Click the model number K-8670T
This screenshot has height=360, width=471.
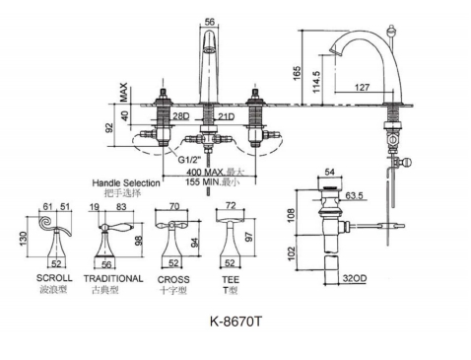[x=236, y=321]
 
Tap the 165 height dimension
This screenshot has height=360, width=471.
[x=297, y=73]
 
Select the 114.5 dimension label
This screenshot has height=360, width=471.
[x=316, y=82]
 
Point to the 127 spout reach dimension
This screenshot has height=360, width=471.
[x=362, y=87]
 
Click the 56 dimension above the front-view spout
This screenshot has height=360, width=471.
[x=209, y=22]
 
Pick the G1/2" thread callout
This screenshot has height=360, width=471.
[x=189, y=160]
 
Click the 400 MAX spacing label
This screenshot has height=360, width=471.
[x=205, y=172]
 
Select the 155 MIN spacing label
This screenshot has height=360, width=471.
[x=203, y=181]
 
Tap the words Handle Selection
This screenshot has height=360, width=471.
[x=126, y=182]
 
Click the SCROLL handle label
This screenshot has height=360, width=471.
[x=54, y=278]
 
